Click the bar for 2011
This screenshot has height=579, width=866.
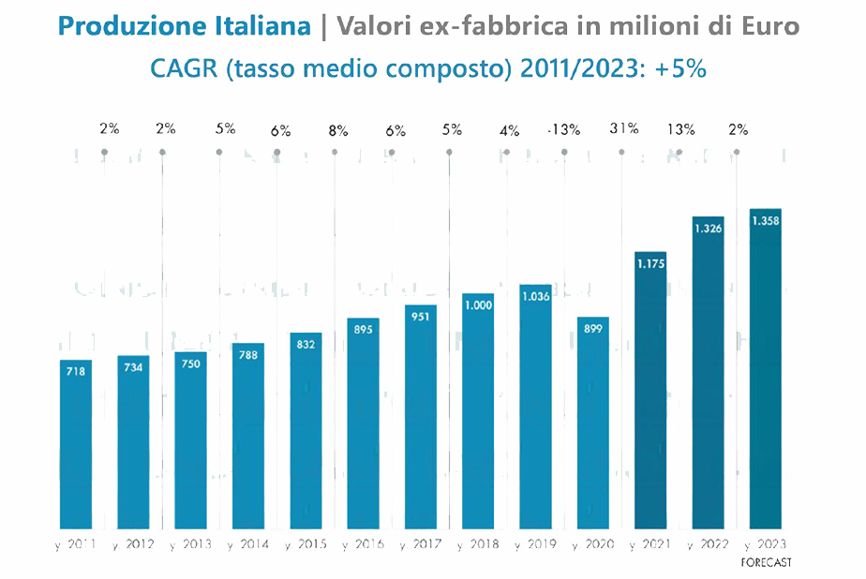(76, 445)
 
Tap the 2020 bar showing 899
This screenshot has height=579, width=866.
(593, 426)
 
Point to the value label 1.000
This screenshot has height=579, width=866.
(478, 304)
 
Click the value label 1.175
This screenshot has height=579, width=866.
(650, 264)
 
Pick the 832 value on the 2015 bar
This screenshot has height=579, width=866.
(306, 344)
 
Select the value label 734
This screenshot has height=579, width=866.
(133, 366)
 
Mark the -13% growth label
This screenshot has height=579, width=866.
(563, 130)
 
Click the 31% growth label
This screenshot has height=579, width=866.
(623, 129)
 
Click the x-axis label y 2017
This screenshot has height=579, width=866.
(422, 545)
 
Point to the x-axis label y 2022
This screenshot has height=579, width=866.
(709, 545)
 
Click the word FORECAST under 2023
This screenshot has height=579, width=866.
(766, 562)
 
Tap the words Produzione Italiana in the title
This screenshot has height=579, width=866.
(184, 26)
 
